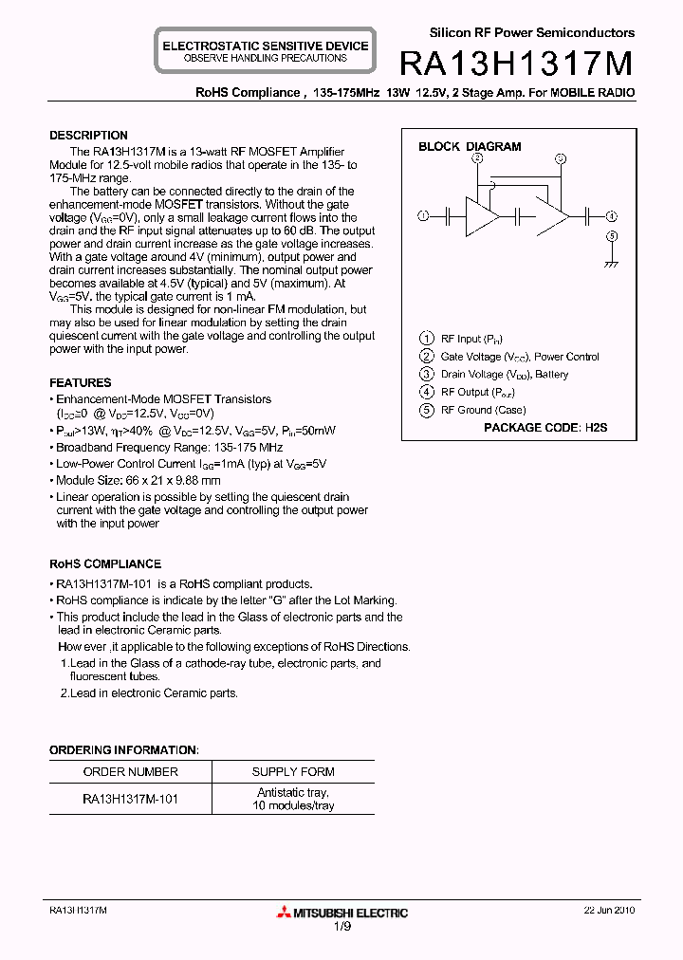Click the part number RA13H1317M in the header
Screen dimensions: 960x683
click(x=516, y=64)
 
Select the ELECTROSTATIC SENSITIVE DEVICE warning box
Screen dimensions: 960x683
click(x=265, y=51)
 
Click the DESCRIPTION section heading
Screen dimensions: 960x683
click(x=88, y=136)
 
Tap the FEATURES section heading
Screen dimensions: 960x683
click(x=81, y=383)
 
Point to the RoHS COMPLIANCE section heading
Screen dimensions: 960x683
click(x=105, y=563)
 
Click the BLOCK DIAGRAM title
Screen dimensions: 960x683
click(x=470, y=147)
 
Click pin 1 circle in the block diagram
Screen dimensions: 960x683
click(x=423, y=216)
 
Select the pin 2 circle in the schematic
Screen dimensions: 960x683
click(x=477, y=158)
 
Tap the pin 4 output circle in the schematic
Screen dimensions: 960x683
click(x=612, y=216)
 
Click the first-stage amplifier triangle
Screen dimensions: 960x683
click(x=481, y=216)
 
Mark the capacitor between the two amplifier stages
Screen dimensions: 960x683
click(x=519, y=216)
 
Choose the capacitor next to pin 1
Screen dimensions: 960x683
click(x=446, y=216)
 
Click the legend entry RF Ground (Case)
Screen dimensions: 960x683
click(x=484, y=410)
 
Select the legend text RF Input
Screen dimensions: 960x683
click(x=462, y=339)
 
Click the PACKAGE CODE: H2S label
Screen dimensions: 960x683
click(x=545, y=428)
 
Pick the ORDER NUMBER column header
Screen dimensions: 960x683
click(x=131, y=772)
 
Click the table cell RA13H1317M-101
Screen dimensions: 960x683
click(x=131, y=799)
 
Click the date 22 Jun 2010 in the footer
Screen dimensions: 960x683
click(x=609, y=910)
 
